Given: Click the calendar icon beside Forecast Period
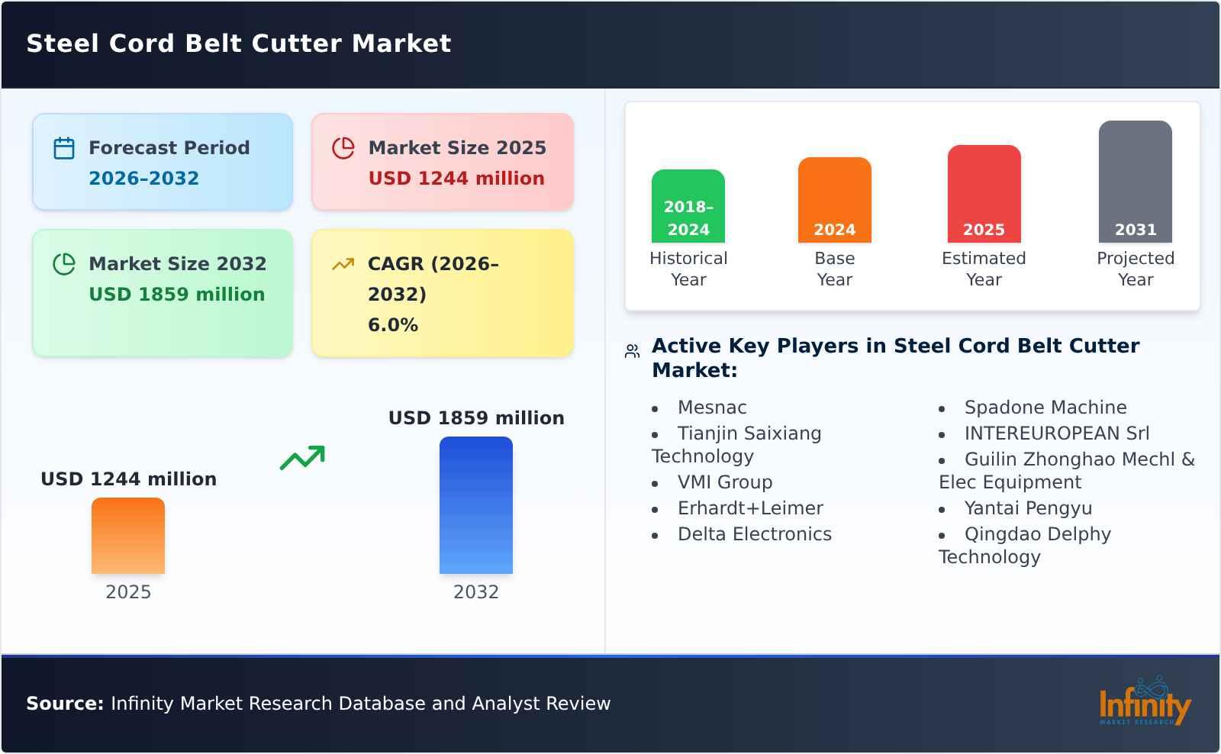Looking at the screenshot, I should click(64, 148).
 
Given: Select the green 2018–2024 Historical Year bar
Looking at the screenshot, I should click(688, 206).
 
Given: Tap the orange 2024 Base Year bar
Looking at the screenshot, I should click(834, 200).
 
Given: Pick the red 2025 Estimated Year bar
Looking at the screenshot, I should click(984, 194).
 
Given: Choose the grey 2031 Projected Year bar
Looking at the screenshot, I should click(1135, 182).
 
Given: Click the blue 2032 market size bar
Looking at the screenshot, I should click(475, 505).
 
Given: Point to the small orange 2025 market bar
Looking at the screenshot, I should click(128, 536).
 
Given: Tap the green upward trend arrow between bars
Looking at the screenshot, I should click(302, 458).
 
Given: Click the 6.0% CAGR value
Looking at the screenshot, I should click(393, 325).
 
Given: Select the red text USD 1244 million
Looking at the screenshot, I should click(456, 179).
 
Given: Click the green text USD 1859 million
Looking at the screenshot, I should click(177, 295).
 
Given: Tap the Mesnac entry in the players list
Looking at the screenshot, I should click(712, 408).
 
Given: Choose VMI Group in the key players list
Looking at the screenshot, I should click(725, 482).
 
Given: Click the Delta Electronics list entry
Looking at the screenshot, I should click(754, 534).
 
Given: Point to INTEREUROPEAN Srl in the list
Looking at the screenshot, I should click(1056, 433).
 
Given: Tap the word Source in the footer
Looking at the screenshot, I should click(65, 704).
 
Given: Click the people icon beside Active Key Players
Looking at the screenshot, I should click(632, 351).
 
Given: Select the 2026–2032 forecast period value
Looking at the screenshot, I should click(143, 179).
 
